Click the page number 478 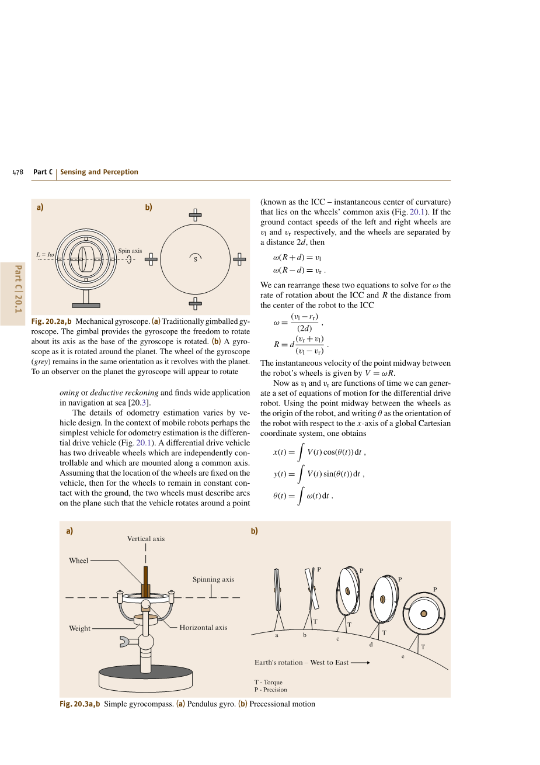click(x=18, y=172)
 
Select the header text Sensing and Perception click(x=99, y=172)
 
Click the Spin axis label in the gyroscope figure click(x=130, y=251)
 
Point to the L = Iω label click(x=45, y=254)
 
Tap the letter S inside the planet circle click(x=196, y=259)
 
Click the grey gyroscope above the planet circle click(x=196, y=215)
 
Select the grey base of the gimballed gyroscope click(x=86, y=305)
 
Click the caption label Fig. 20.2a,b click(x=51, y=321)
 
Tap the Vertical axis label click(x=146, y=539)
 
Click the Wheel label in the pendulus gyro click(x=78, y=560)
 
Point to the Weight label click(x=79, y=629)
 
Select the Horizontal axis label click(x=203, y=628)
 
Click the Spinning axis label click(x=213, y=580)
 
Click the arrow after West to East click(x=360, y=663)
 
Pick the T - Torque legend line click(x=268, y=682)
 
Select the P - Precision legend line click(x=270, y=690)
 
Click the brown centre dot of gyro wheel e click(x=424, y=614)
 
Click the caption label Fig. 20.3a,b click(x=79, y=704)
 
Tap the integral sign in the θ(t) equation click(x=300, y=496)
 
